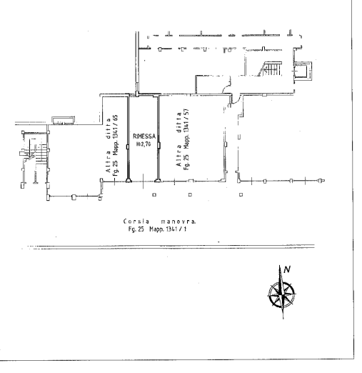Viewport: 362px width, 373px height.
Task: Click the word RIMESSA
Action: (x=144, y=136)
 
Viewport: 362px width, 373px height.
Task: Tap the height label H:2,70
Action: (x=144, y=144)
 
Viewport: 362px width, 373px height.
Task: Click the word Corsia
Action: (x=136, y=222)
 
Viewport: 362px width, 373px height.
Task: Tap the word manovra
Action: (x=179, y=222)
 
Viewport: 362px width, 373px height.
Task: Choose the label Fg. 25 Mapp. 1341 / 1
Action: (x=157, y=229)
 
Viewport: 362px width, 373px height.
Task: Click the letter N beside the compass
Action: (x=287, y=269)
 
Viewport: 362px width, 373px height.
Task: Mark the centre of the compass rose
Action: (x=281, y=295)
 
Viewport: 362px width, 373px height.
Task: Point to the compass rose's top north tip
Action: (x=280, y=265)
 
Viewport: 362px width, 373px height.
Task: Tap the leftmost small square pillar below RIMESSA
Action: (x=154, y=195)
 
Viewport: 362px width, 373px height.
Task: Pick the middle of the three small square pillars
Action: (x=190, y=194)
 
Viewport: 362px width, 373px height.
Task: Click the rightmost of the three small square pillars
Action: (x=241, y=194)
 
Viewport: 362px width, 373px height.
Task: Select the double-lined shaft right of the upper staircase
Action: (x=303, y=71)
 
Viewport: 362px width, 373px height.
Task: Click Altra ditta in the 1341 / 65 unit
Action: (x=109, y=145)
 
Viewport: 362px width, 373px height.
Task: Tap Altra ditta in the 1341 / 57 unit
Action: (x=179, y=139)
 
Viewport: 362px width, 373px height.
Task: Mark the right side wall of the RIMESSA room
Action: (x=159, y=139)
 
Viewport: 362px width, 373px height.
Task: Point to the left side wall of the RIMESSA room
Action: (x=128, y=139)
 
